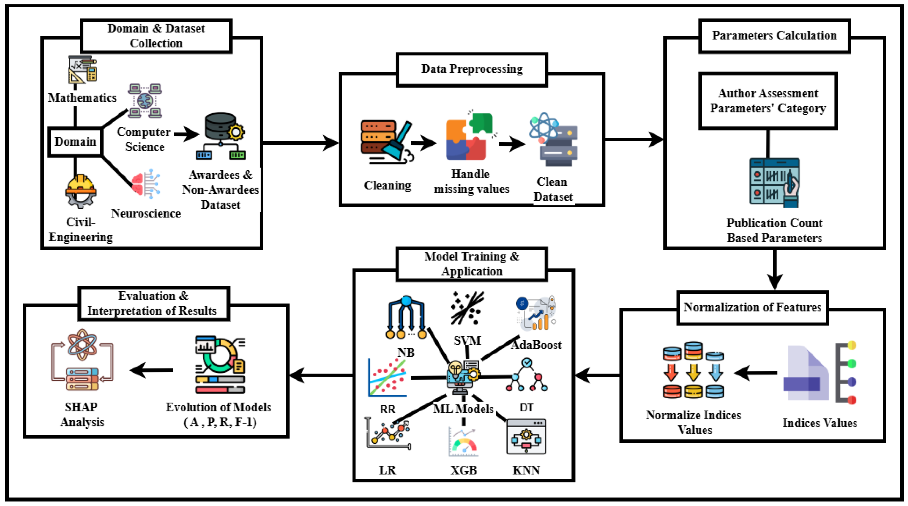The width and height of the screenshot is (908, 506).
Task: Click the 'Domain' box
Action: coord(75,142)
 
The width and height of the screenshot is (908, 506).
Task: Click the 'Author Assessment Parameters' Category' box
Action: coord(768,101)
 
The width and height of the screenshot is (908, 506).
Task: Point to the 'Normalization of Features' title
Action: coord(752,308)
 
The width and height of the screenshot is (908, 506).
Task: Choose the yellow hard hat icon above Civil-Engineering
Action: coord(80,191)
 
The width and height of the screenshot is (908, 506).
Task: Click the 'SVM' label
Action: coord(467,340)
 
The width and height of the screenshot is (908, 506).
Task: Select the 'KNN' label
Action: coord(526,470)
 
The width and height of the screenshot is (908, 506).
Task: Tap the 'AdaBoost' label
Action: coord(536,345)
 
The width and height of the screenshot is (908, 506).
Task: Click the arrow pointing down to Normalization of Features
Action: coord(774,270)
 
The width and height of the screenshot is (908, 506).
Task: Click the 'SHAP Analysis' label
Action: coord(82,415)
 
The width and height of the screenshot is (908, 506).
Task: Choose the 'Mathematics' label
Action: coord(82,98)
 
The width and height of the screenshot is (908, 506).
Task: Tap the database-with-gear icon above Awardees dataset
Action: coord(221,136)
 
